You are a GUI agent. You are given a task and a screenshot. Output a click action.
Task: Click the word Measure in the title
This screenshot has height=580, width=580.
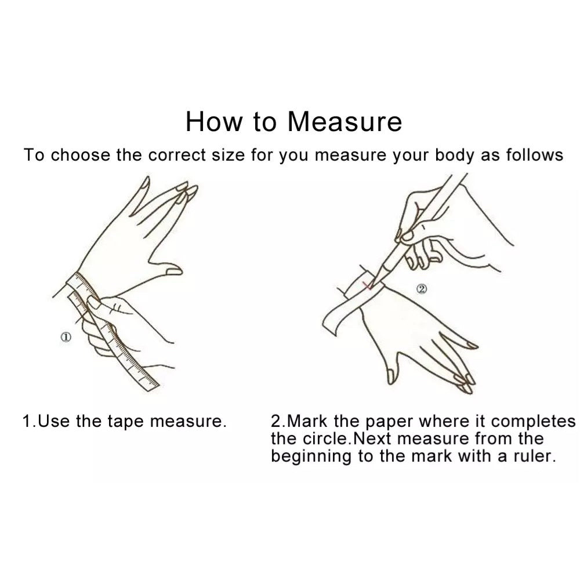pos(345,121)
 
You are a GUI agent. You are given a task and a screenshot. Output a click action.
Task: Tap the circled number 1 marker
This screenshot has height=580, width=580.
pos(66,337)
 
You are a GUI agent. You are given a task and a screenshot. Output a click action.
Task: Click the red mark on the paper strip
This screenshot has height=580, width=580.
pos(367,285)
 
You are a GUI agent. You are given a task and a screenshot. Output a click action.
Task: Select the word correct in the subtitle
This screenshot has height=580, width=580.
pos(177,155)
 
